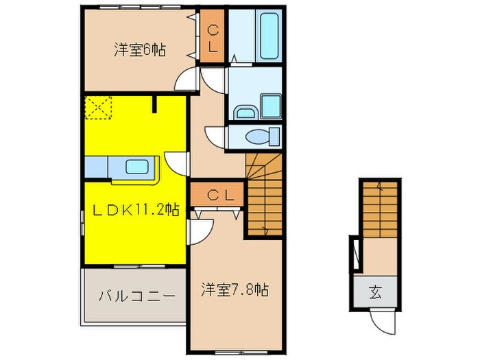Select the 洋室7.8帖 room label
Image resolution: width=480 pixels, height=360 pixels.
coord(234,289)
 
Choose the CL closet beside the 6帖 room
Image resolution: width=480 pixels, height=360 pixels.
coord(213,38)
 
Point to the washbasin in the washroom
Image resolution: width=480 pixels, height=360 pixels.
coord(245,112)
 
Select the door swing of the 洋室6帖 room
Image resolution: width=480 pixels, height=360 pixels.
coord(187,80)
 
